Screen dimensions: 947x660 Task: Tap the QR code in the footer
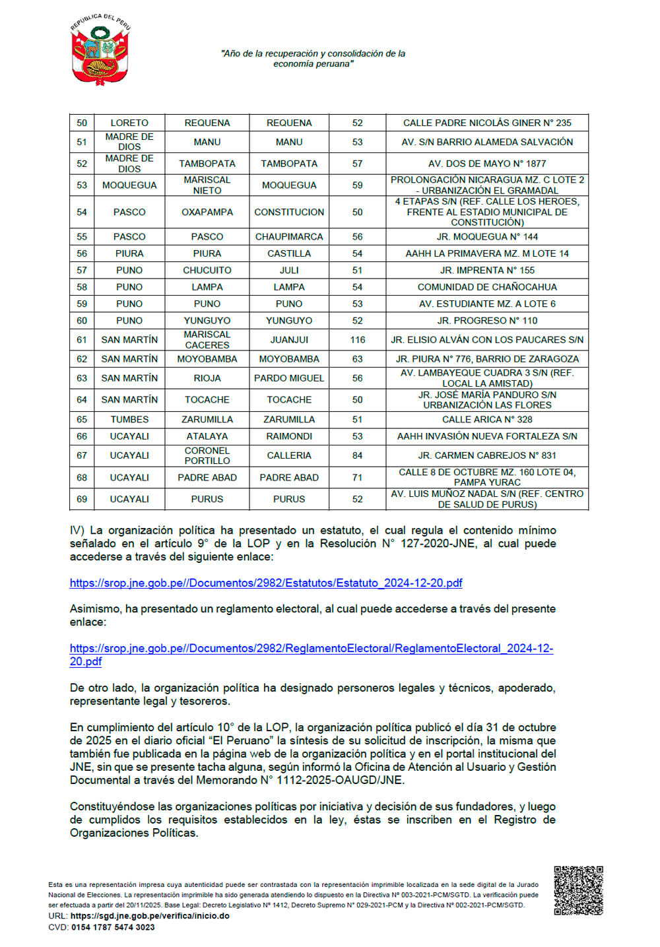pyautogui.click(x=578, y=890)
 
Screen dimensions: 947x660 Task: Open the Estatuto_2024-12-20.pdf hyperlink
pyautogui.click(x=266, y=583)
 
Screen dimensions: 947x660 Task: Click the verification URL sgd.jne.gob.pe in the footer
pyautogui.click(x=150, y=916)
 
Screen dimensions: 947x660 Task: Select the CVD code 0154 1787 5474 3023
pyautogui.click(x=113, y=927)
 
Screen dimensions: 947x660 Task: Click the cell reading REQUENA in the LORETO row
pyautogui.click(x=207, y=123)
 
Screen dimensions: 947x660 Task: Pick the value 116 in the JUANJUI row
pyautogui.click(x=357, y=340)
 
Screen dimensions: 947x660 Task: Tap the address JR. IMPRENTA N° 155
pyautogui.click(x=487, y=270)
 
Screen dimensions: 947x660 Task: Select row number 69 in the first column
pyautogui.click(x=82, y=499)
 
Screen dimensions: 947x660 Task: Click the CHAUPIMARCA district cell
pyautogui.click(x=289, y=236)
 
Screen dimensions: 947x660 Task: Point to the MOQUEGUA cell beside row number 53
pyautogui.click(x=129, y=185)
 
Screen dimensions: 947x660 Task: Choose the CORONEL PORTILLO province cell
pyautogui.click(x=207, y=455)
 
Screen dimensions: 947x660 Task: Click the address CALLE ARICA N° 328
pyautogui.click(x=487, y=419)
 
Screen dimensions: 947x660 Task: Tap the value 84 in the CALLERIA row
pyautogui.click(x=357, y=455)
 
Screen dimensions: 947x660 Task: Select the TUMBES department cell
pyautogui.click(x=129, y=419)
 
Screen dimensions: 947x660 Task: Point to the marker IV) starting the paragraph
pyautogui.click(x=77, y=530)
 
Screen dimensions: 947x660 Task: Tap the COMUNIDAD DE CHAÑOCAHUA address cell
pyautogui.click(x=487, y=287)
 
